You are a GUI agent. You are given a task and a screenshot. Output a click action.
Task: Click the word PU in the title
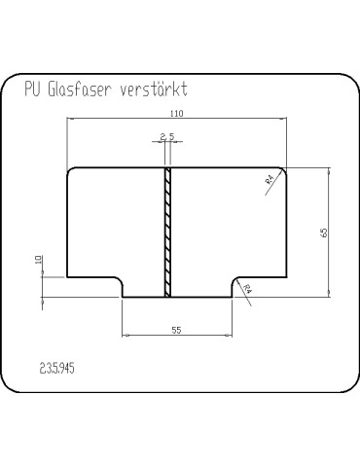click(x=32, y=89)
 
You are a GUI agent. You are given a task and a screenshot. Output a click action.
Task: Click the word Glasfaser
click(x=80, y=89)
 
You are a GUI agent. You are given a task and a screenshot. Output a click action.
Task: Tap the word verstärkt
click(x=154, y=89)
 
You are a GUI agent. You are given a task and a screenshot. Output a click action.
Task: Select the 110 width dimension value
click(x=177, y=114)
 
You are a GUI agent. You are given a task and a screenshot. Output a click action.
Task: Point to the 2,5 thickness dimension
click(x=167, y=136)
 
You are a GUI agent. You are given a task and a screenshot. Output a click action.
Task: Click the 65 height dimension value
click(x=324, y=233)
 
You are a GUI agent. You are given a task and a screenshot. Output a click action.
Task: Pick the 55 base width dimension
click(x=176, y=330)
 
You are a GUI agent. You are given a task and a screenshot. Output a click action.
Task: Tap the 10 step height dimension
click(x=39, y=260)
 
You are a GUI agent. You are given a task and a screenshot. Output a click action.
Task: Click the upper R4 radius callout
click(x=270, y=179)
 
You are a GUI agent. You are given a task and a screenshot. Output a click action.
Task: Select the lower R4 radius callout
click(x=247, y=288)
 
